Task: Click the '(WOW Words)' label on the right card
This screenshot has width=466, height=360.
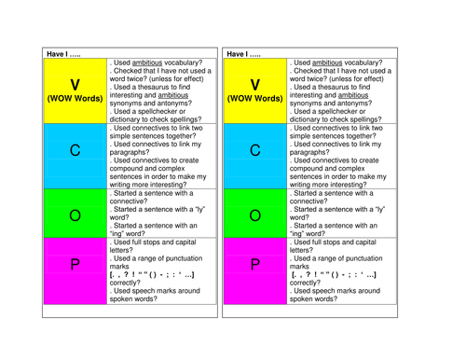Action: pyautogui.click(x=255, y=98)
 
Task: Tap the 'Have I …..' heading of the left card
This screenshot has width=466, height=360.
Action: pyautogui.click(x=66, y=53)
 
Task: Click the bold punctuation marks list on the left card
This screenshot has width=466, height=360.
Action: pyautogui.click(x=150, y=275)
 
